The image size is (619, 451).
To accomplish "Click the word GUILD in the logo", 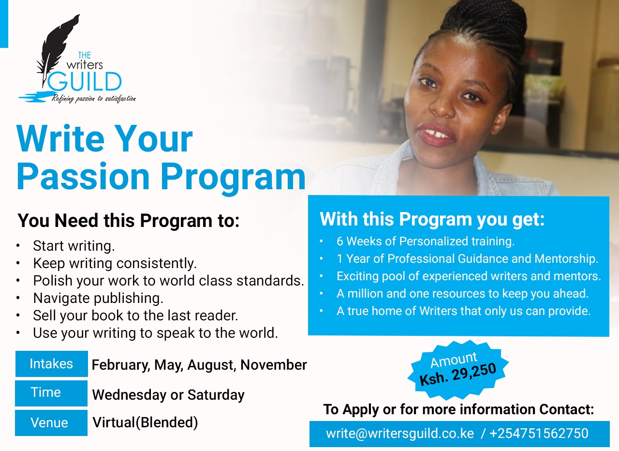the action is click(85, 81).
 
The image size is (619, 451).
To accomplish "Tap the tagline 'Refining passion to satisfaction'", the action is click(94, 99).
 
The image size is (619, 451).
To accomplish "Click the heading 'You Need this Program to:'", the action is click(129, 221).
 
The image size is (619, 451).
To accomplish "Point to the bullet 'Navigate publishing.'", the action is click(98, 299).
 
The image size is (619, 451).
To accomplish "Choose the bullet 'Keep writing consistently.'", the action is click(115, 263).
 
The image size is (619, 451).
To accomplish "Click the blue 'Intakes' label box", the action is click(52, 363).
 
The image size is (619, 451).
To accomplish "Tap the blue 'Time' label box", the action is click(51, 393).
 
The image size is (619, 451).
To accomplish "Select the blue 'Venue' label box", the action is click(51, 422).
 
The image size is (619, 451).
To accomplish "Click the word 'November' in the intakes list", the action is click(274, 365).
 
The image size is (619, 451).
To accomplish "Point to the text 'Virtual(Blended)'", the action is click(145, 422).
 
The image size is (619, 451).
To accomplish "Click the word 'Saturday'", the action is click(216, 394).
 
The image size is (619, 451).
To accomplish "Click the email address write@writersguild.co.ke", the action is click(400, 433).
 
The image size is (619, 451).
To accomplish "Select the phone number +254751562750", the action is click(539, 433).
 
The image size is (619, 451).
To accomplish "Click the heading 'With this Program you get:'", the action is click(432, 219).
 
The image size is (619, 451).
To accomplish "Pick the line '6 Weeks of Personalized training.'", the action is click(426, 241).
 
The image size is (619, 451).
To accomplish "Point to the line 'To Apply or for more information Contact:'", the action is click(459, 409).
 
